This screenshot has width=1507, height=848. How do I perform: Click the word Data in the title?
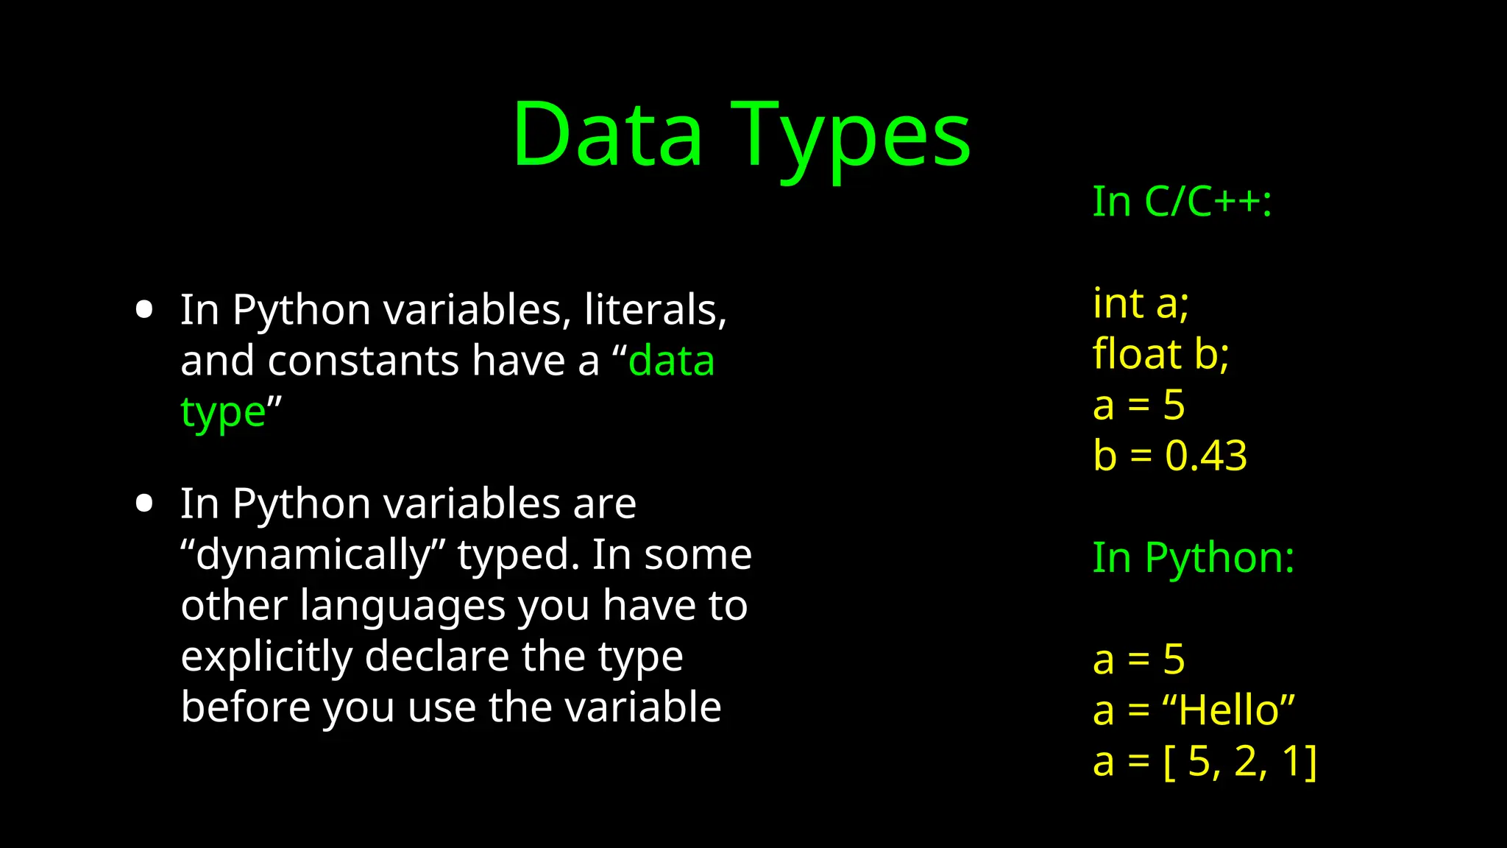coord(607,136)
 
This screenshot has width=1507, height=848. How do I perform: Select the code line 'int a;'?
coord(1141,303)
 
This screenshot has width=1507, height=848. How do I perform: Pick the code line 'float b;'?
coord(1160,354)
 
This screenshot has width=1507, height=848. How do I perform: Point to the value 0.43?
coord(1206,456)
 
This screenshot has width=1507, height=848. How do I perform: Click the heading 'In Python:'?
coord(1193,557)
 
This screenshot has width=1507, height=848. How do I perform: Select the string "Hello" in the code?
coord(1228,710)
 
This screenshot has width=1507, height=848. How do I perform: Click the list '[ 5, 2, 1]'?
coord(1240,761)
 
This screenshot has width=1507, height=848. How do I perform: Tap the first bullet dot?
coord(144,309)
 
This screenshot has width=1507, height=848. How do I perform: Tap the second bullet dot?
coord(144,504)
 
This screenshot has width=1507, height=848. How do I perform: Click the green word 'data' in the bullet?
coord(671,361)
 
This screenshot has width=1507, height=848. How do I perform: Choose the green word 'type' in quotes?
coord(223,412)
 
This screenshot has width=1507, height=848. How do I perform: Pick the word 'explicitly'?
coord(266,657)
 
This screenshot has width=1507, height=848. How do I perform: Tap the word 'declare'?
coord(436,657)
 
